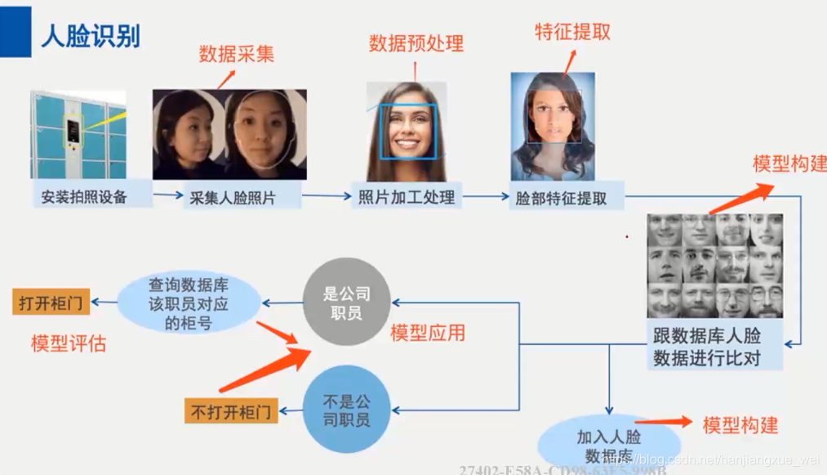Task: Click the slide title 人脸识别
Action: [x=91, y=36]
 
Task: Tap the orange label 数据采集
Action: [x=237, y=55]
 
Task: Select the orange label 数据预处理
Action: [x=416, y=43]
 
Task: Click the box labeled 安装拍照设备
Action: [x=85, y=196]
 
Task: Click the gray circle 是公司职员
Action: [x=347, y=304]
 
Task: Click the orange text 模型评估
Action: [x=69, y=343]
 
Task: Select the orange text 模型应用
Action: [x=428, y=333]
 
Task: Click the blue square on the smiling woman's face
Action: [x=408, y=130]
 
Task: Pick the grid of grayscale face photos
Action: [x=715, y=265]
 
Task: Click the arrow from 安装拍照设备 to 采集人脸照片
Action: [x=167, y=195]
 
